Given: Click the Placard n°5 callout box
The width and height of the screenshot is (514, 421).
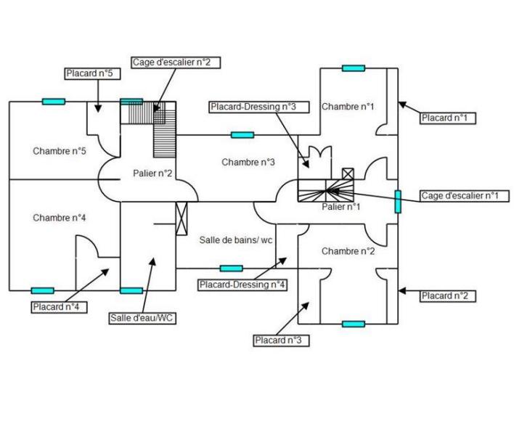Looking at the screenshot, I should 89,74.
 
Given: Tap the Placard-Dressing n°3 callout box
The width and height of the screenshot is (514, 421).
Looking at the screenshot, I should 253,107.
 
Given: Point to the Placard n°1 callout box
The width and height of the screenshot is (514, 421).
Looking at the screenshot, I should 448,118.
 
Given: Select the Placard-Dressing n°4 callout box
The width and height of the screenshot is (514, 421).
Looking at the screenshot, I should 243,285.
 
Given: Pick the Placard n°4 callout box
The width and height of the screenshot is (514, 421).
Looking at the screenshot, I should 60,307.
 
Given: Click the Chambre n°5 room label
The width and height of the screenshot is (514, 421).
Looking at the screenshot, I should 60,152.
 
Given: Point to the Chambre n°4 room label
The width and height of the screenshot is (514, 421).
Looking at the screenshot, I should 60,218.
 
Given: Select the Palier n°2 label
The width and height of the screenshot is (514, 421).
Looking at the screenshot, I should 152,173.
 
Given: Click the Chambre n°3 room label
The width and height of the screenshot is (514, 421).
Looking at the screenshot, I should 248,162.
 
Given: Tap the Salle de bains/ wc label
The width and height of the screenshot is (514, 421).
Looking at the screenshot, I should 236,240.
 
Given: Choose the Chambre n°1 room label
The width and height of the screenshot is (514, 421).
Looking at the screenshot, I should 348,107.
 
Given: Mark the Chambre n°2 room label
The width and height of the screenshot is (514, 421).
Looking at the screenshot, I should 348,251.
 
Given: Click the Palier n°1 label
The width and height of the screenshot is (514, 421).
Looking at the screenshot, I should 341,207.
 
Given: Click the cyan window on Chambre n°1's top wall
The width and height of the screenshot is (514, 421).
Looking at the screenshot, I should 354,68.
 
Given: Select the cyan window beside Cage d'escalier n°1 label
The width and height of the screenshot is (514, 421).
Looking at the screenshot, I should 398,201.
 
